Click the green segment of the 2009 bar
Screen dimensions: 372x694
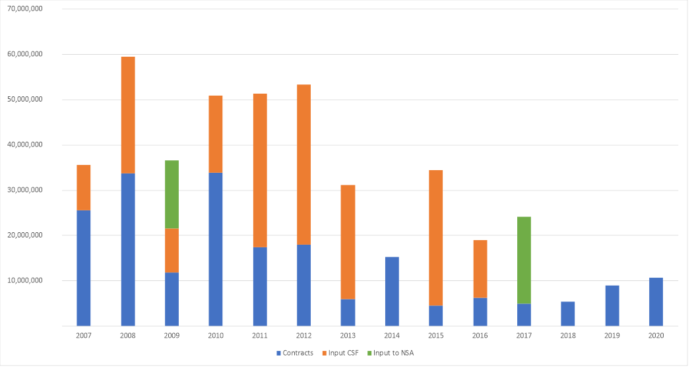click(172, 194)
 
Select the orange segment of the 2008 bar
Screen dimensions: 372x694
click(128, 115)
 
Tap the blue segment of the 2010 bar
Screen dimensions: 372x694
click(216, 249)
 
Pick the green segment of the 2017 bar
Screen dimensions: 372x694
click(524, 260)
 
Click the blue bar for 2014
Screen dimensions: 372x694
click(392, 291)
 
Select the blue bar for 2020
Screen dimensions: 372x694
click(656, 301)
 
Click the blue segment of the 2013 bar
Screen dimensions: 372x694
click(348, 312)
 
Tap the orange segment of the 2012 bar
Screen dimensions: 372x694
click(303, 164)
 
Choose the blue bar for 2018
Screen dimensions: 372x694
click(567, 313)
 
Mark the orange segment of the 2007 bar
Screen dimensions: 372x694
click(84, 187)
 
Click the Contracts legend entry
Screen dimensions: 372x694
click(296, 353)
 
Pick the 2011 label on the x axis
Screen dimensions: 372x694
click(260, 335)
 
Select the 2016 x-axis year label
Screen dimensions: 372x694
click(480, 335)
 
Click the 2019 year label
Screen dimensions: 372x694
click(612, 335)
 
